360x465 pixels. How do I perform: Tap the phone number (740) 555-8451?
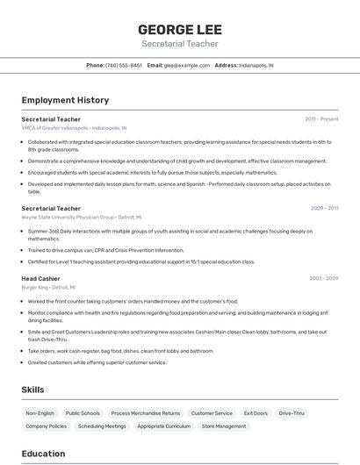[124, 65]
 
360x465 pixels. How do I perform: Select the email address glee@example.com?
[187, 65]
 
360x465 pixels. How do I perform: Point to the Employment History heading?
[65, 100]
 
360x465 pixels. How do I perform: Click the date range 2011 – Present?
[321, 118]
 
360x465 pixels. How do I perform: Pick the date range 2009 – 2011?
[324, 209]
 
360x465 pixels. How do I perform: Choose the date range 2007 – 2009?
[324, 278]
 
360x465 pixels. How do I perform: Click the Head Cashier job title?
[42, 278]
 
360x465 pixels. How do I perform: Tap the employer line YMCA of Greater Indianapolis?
[74, 127]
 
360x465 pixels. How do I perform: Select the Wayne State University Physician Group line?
[81, 217]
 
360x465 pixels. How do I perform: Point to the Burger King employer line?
[48, 287]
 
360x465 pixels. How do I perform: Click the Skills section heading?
[33, 389]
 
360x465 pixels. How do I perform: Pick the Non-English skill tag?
[40, 412]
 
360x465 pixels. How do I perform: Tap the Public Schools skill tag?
[83, 412]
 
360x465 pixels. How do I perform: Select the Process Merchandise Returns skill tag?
[146, 412]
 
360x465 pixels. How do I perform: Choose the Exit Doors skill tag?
[256, 412]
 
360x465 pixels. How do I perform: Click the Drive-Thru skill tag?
[292, 412]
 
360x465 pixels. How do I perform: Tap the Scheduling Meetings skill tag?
[102, 426]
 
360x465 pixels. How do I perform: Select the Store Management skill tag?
[224, 426]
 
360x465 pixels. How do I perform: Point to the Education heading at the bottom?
[44, 454]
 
